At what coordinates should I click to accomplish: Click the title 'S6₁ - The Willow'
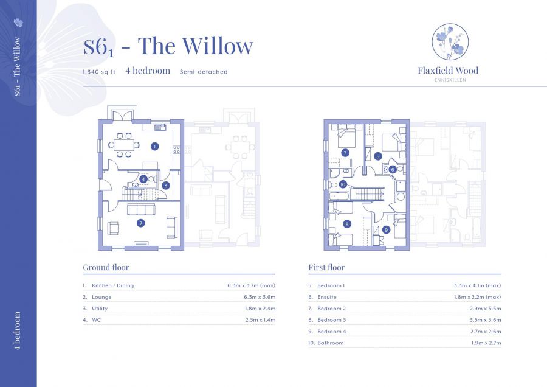pos(168,47)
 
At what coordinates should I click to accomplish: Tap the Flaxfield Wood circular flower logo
pos(450,42)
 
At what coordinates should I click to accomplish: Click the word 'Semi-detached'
pos(204,72)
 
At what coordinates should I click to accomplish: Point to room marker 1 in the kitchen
pos(155,146)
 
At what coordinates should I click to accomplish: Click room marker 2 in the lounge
pos(141,223)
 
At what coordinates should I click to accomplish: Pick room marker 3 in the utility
pos(165,185)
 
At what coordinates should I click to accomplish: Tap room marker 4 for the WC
pos(143,179)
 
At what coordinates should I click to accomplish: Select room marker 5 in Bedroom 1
pos(377,156)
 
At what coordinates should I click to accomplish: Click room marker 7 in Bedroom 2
pos(345,153)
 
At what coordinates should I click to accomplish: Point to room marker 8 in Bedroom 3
pos(347,224)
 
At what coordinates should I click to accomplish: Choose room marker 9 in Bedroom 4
pos(386,229)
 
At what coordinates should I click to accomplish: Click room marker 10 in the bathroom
pos(343,184)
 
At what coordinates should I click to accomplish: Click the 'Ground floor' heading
pos(106,267)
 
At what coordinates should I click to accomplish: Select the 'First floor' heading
pos(326,267)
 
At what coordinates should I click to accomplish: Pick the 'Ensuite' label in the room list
pos(328,297)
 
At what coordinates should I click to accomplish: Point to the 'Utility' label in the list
pos(100,309)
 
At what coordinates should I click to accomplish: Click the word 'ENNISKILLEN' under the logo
pos(449,80)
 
